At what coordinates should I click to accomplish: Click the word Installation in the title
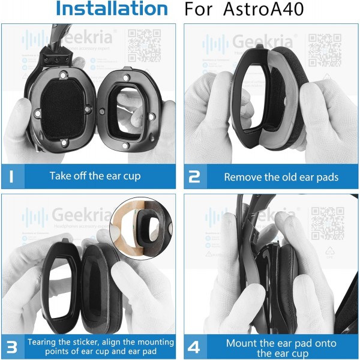112,9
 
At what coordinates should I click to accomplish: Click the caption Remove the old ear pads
281,177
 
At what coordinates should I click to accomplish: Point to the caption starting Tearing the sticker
100,347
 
